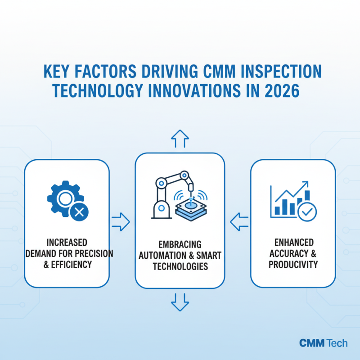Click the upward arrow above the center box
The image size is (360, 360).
coord(180,139)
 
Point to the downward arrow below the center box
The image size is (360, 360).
coord(180,301)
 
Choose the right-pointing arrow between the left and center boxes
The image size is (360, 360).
coord(120,221)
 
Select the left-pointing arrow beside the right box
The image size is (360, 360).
coord(239,221)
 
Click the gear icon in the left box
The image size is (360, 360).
coord(63,198)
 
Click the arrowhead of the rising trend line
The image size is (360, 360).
coord(306,184)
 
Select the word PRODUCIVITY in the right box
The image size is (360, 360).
coord(293,264)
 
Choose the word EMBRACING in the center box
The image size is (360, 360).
coord(180,244)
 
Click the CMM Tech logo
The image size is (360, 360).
coord(323,343)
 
